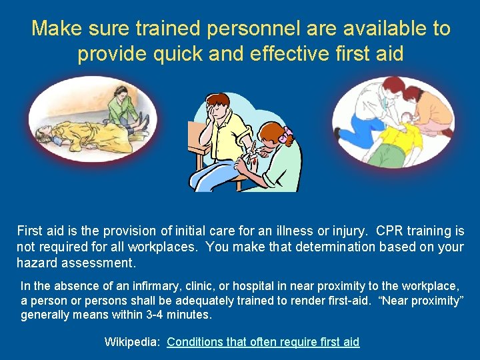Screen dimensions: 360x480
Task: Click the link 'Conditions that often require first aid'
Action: click(x=263, y=342)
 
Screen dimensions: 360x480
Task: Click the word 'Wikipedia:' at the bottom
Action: click(x=132, y=342)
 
